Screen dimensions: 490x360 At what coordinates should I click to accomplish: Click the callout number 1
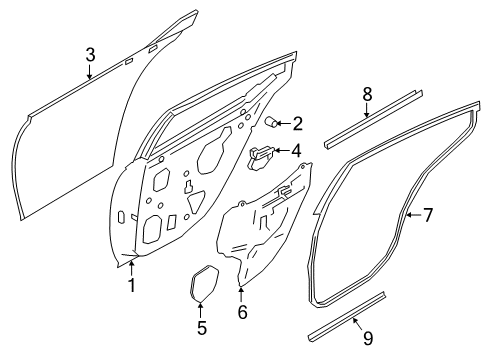pyautogui.click(x=132, y=285)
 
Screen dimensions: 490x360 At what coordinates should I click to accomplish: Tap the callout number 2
pyautogui.click(x=297, y=123)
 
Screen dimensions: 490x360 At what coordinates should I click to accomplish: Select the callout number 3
pyautogui.click(x=90, y=55)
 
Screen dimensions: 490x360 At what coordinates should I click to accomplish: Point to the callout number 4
pyautogui.click(x=296, y=151)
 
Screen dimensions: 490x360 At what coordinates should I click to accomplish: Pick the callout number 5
pyautogui.click(x=202, y=327)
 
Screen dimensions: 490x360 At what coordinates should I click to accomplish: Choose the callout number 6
pyautogui.click(x=242, y=312)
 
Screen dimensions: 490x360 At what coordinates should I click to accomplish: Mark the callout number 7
pyautogui.click(x=428, y=215)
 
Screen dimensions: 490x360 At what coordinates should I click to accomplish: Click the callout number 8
pyautogui.click(x=367, y=94)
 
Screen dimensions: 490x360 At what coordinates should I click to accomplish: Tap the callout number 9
pyautogui.click(x=368, y=338)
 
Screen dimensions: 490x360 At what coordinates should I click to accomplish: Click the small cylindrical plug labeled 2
pyautogui.click(x=271, y=121)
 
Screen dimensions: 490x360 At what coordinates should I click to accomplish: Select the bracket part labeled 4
pyautogui.click(x=261, y=157)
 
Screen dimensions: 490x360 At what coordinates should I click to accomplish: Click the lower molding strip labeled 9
pyautogui.click(x=347, y=317)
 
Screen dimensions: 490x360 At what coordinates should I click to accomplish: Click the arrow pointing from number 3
pyautogui.click(x=90, y=72)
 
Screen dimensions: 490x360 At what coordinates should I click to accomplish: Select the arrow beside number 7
pyautogui.click(x=414, y=215)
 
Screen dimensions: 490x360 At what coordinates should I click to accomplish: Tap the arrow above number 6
pyautogui.click(x=241, y=294)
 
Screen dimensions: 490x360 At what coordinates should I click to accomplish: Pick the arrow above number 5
pyautogui.click(x=201, y=310)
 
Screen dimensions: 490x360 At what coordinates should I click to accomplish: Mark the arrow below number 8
pyautogui.click(x=366, y=110)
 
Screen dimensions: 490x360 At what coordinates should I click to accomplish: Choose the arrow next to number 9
pyautogui.click(x=358, y=324)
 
